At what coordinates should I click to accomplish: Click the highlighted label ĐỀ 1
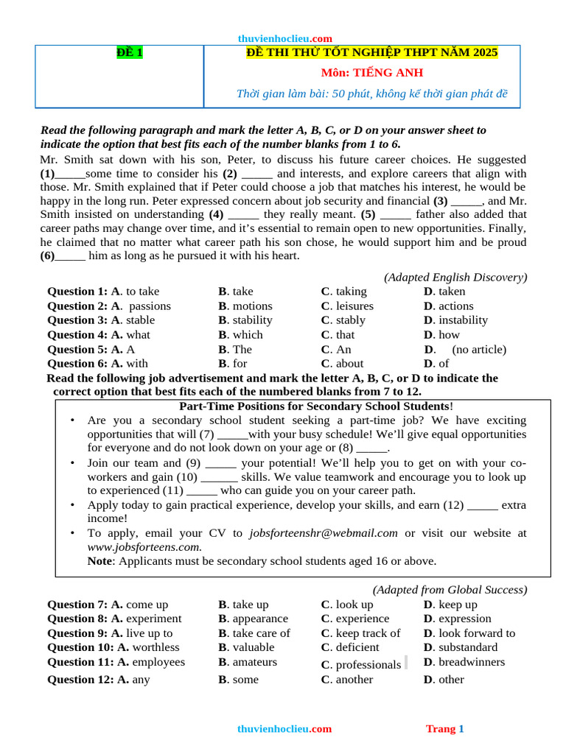click(x=130, y=52)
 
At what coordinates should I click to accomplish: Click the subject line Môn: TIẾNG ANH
click(x=371, y=73)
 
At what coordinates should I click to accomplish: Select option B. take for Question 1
click(x=236, y=292)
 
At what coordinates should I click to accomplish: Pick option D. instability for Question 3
click(x=455, y=320)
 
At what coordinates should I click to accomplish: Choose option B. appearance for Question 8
click(x=253, y=619)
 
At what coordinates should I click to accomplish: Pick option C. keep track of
click(x=360, y=633)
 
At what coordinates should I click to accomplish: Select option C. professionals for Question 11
click(x=360, y=664)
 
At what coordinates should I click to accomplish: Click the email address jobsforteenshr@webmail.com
click(x=324, y=533)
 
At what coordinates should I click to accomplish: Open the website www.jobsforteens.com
click(x=144, y=547)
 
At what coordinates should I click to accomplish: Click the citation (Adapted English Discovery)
click(x=455, y=277)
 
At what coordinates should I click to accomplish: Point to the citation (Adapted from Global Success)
click(x=450, y=590)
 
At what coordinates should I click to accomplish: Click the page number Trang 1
click(x=444, y=729)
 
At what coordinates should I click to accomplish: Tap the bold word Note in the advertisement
click(x=100, y=561)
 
